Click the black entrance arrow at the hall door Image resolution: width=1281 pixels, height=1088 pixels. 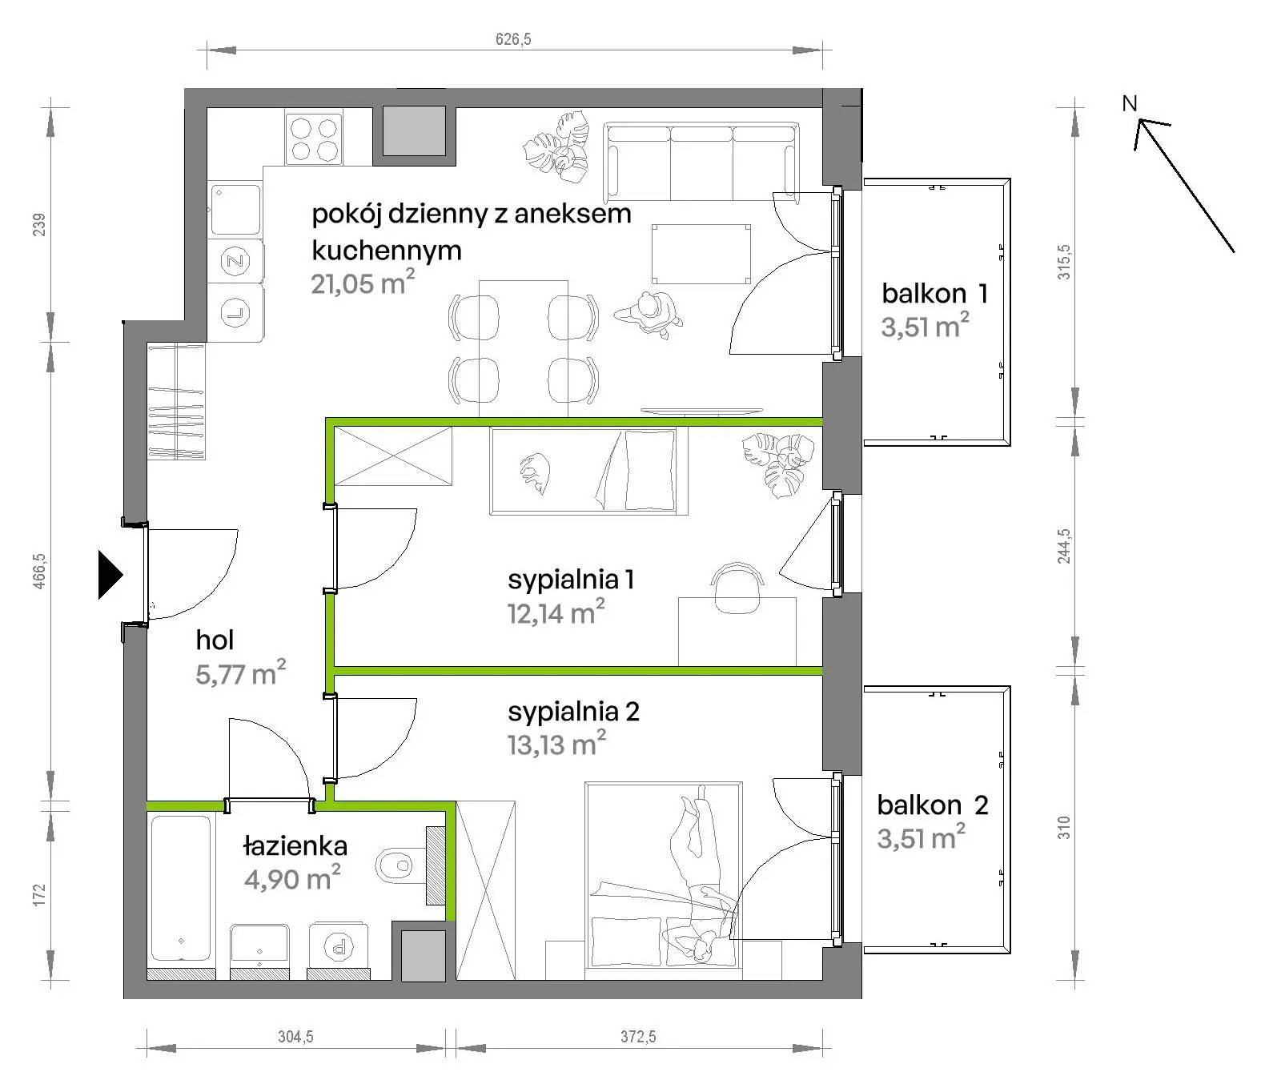coord(110,574)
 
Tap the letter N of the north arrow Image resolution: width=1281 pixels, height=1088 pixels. coord(1129,103)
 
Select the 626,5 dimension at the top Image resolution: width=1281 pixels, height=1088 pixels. coord(513,39)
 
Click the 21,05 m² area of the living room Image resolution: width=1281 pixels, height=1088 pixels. coord(363,283)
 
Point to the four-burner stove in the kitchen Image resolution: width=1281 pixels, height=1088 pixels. coord(314,139)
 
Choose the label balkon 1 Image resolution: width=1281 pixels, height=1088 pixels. coord(934,293)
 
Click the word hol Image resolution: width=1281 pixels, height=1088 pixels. coord(215,640)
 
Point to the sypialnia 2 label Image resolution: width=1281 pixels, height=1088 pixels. coord(573,711)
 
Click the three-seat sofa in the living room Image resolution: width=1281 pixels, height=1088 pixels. coord(701,161)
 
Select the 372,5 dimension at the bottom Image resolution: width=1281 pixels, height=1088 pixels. coord(638,1037)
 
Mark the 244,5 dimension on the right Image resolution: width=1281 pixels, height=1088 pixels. coord(1063,544)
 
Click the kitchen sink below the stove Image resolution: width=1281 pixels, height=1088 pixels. coord(235,210)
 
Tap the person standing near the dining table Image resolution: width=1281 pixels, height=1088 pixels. coord(650,313)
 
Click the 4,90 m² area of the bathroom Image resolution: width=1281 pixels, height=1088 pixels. coord(292,879)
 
